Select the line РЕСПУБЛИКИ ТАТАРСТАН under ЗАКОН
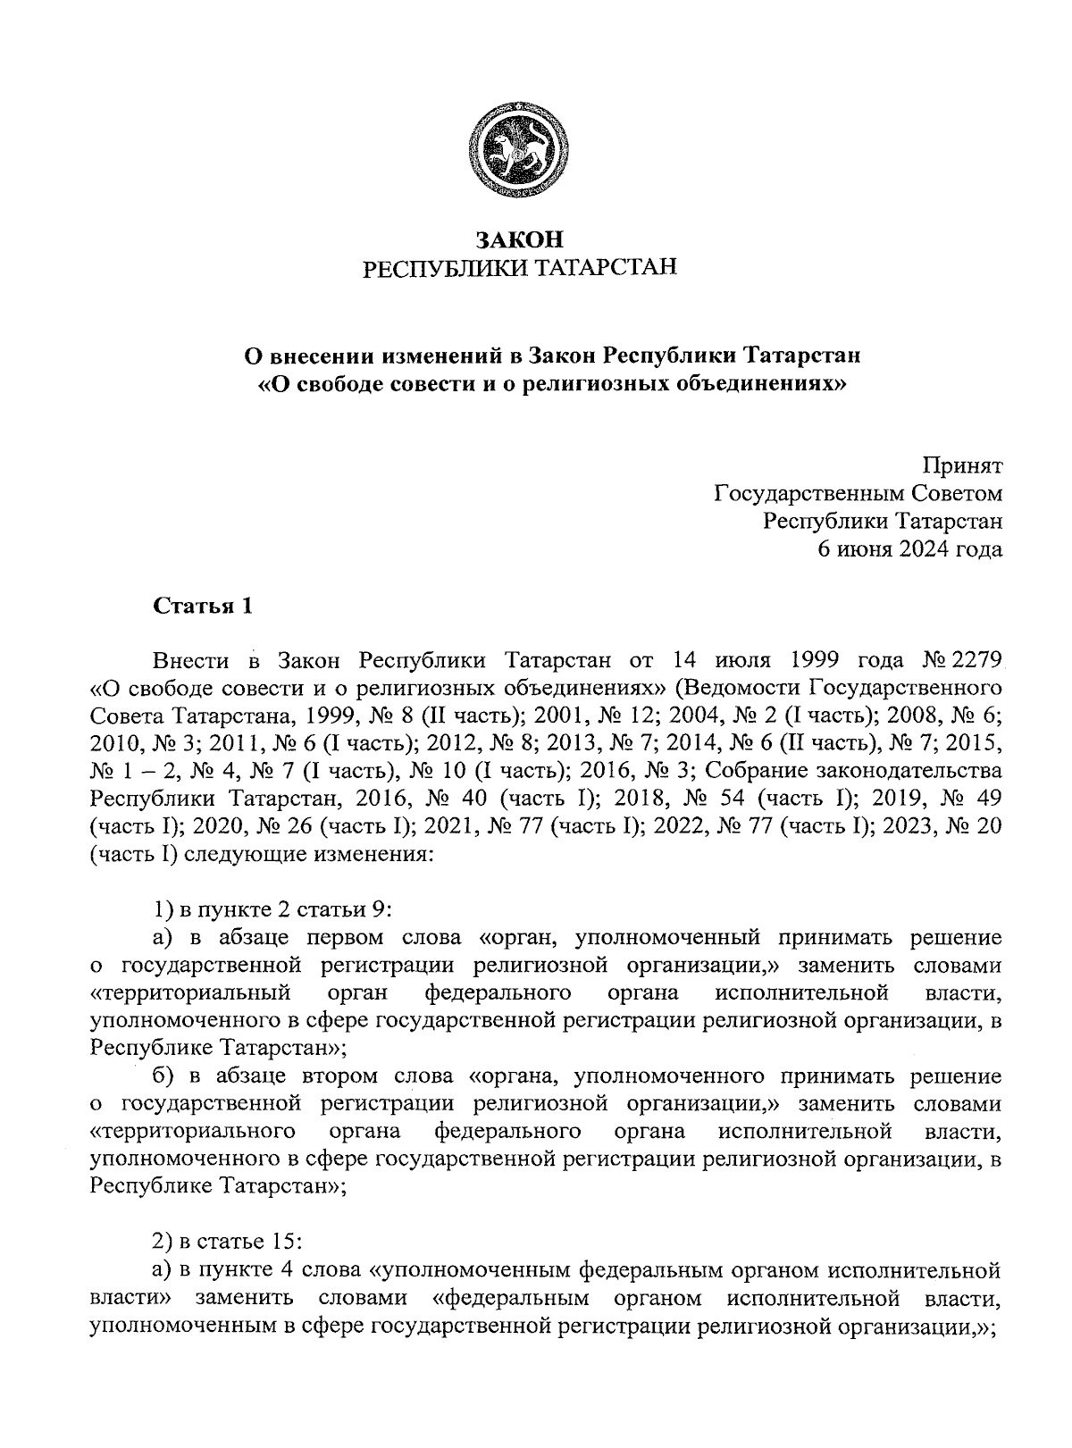point(519,267)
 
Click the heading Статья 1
point(203,607)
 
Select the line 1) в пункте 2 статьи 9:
point(273,910)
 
